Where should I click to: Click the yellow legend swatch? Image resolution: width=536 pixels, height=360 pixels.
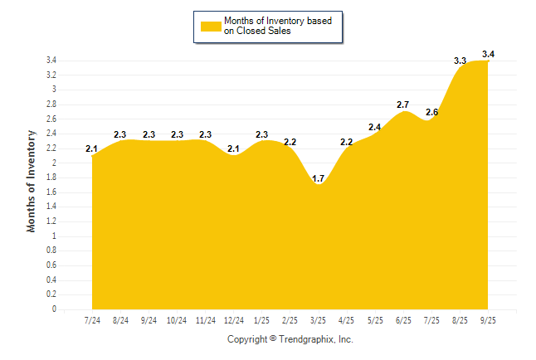click(210, 26)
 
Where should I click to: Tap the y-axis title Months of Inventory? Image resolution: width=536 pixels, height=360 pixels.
click(32, 180)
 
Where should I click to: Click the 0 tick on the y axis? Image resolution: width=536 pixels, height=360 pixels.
click(54, 309)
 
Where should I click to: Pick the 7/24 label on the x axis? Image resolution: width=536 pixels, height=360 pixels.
click(93, 320)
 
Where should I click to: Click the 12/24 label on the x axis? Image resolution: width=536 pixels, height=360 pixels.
click(234, 320)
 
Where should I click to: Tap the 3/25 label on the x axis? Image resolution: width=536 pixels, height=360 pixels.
click(319, 320)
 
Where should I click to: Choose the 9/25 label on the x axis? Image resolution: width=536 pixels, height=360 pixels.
click(488, 320)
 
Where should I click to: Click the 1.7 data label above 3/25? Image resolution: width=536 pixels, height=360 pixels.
click(319, 178)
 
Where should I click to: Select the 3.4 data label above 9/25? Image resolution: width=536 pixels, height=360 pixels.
click(488, 55)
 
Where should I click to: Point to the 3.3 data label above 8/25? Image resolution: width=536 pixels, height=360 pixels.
click(460, 61)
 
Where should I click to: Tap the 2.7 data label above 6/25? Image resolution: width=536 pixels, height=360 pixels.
click(403, 105)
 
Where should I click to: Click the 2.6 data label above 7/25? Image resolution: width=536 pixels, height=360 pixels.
click(431, 112)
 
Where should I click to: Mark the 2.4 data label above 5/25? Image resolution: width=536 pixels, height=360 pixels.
click(375, 127)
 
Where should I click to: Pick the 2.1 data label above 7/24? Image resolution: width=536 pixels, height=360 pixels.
click(92, 148)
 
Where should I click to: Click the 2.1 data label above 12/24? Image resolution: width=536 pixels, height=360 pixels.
click(234, 148)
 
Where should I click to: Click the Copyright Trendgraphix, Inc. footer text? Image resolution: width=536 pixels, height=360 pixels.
click(290, 339)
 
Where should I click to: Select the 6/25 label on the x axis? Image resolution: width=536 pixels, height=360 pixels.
click(403, 320)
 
